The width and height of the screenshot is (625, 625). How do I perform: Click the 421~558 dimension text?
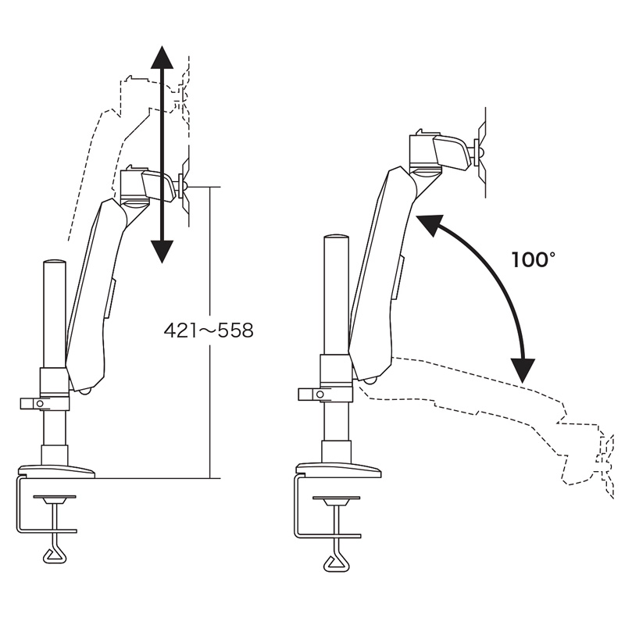tap(209, 330)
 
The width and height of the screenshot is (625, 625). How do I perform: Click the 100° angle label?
tap(533, 259)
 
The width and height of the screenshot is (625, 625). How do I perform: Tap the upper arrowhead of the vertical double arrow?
tap(162, 59)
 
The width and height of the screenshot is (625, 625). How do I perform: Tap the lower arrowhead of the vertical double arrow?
tap(162, 250)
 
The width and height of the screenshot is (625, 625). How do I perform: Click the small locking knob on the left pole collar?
tap(29, 403)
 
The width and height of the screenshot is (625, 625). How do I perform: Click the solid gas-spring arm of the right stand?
tap(383, 273)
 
